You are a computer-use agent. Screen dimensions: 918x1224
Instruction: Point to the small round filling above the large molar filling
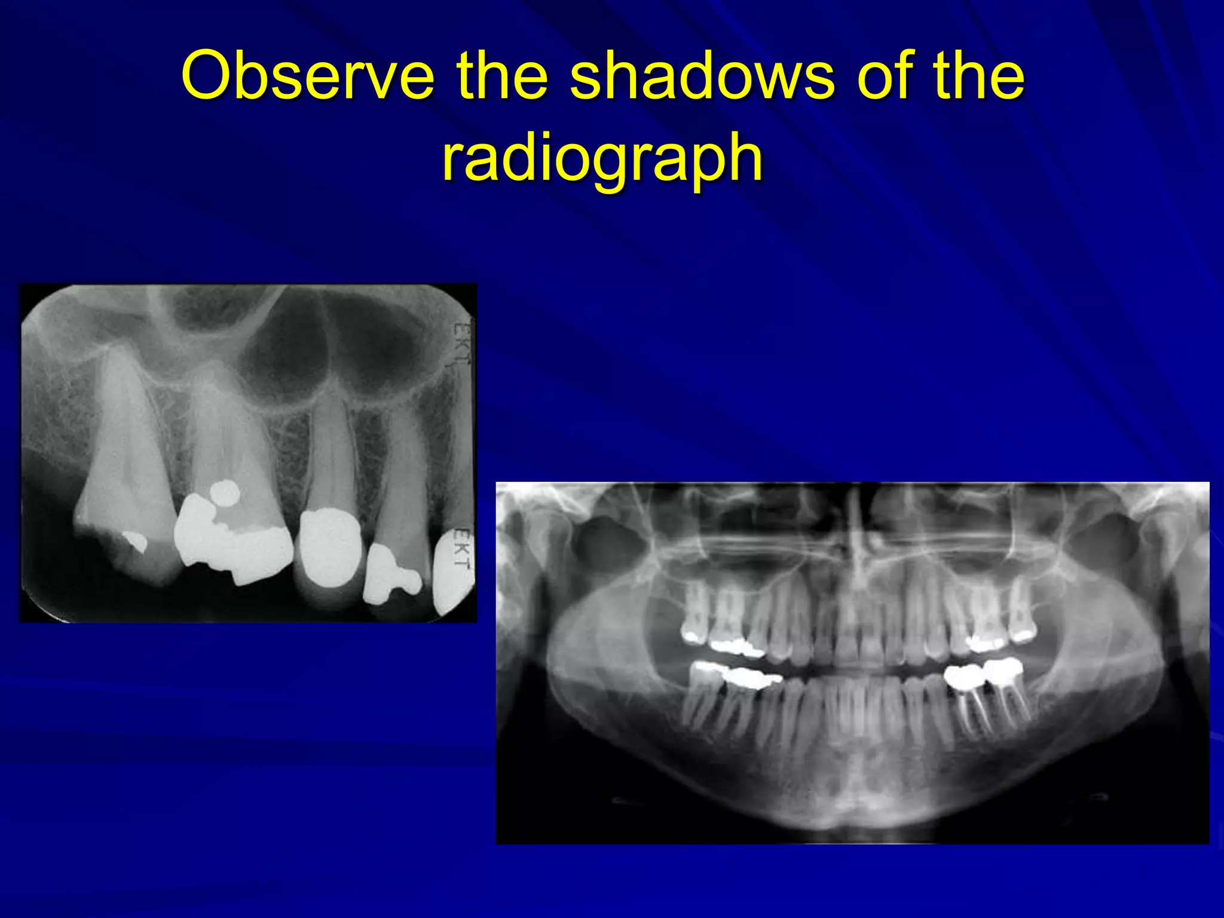(x=225, y=493)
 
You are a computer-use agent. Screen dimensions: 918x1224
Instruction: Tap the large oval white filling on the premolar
(x=328, y=547)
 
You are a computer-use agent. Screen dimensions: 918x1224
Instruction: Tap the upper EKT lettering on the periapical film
(x=460, y=344)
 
